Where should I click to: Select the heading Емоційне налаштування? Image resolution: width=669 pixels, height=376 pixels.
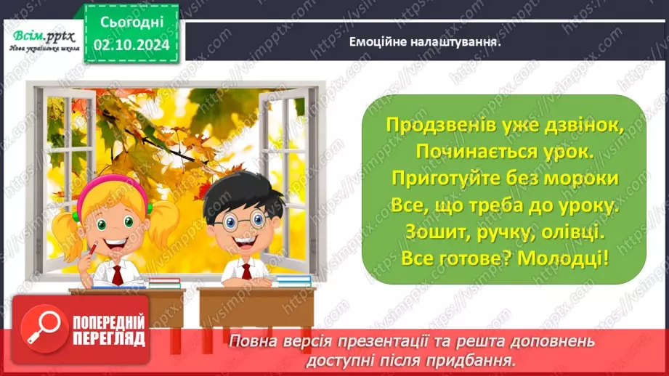click(x=426, y=42)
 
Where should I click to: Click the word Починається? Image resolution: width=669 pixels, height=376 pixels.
click(x=468, y=151)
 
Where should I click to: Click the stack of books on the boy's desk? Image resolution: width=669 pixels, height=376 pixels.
click(x=293, y=280)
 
